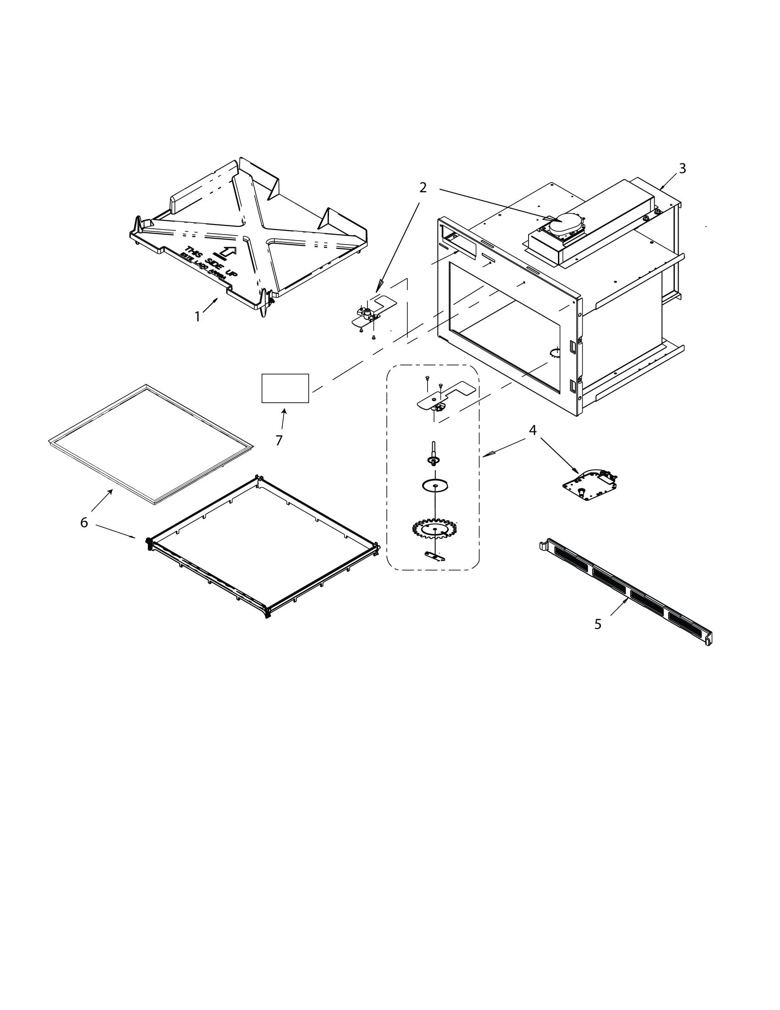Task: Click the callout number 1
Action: (x=197, y=317)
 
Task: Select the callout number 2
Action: (x=423, y=188)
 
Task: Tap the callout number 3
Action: (x=682, y=169)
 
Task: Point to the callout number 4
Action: (x=532, y=430)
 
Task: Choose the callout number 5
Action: (x=597, y=624)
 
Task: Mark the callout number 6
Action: (x=84, y=522)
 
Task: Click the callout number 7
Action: (x=279, y=441)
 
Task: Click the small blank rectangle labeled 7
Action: (x=285, y=388)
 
